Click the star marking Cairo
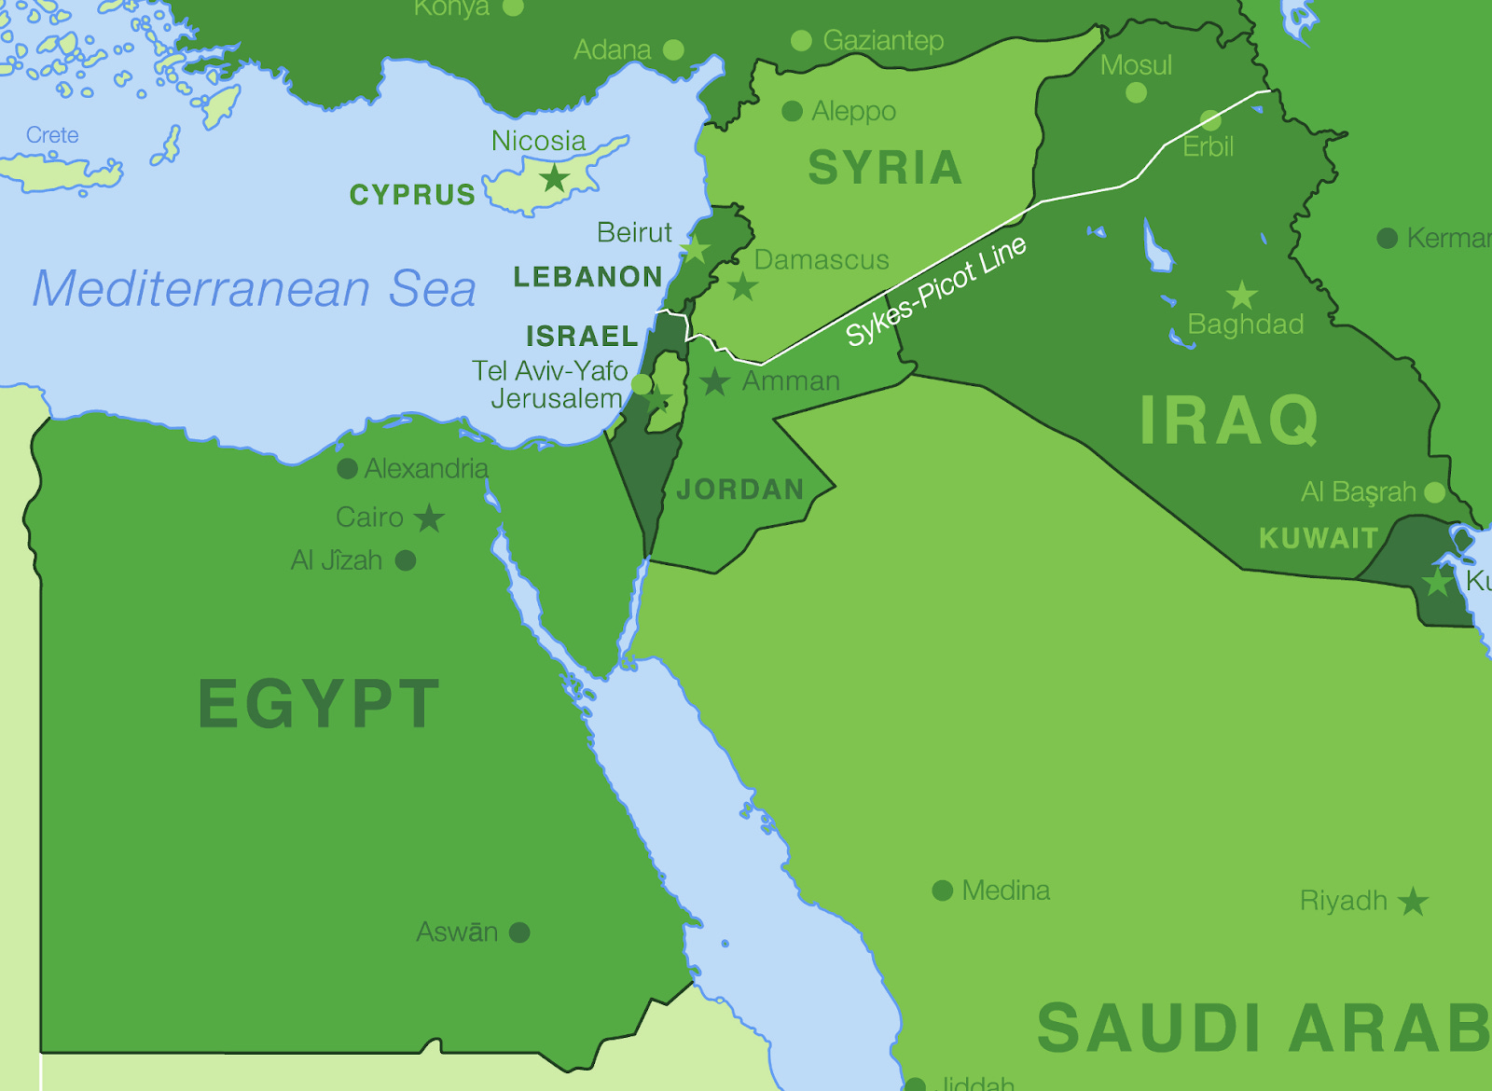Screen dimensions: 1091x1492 [x=429, y=518]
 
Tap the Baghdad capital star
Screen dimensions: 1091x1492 [x=1241, y=296]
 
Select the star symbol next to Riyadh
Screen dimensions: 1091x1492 [x=1413, y=902]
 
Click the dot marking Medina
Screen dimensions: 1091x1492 [x=942, y=891]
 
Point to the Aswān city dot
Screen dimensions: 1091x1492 [x=519, y=932]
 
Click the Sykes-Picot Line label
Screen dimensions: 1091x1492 [x=935, y=291]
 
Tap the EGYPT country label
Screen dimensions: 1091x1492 [x=319, y=704]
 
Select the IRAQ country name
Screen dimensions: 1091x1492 [x=1229, y=421]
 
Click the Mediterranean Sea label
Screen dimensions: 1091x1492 [x=255, y=288]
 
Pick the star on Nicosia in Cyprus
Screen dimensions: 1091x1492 [x=555, y=177]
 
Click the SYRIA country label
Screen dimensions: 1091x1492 [x=884, y=169]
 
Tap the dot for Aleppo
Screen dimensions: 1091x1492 [x=792, y=112]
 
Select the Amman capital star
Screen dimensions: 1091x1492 [x=714, y=381]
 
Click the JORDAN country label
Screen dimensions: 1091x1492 [x=740, y=490]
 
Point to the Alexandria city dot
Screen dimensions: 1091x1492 [x=347, y=469]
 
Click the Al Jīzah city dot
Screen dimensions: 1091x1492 [x=405, y=560]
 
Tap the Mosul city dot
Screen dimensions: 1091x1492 [x=1136, y=92]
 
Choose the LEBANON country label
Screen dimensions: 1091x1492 [x=587, y=277]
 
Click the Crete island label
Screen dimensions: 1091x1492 [x=52, y=135]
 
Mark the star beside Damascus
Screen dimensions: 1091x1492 [x=742, y=286]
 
